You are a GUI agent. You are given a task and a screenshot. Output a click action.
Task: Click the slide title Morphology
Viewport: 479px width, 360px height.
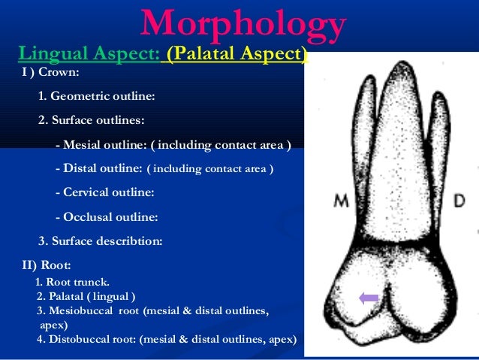242,24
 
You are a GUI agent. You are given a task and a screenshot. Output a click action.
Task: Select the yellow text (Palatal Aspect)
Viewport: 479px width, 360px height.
237,55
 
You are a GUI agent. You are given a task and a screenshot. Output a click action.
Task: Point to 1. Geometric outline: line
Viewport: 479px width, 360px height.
97,97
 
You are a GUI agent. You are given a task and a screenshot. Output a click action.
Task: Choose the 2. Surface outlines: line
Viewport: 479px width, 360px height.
92,120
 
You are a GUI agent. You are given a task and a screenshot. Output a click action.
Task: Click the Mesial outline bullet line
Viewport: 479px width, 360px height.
173,144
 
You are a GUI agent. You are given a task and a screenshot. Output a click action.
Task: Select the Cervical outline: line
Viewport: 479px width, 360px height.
104,192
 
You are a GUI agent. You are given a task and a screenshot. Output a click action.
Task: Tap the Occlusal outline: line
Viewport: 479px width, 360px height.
107,217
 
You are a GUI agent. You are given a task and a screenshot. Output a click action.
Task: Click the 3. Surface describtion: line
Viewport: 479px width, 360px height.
100,241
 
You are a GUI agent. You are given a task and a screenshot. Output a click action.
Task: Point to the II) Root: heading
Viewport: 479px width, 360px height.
47,265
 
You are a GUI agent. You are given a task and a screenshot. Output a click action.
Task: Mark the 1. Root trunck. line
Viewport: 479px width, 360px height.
73,283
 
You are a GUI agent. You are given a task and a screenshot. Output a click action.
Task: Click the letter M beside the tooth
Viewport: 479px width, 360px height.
342,201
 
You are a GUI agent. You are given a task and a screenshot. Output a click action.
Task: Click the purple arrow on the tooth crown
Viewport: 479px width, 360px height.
369,298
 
